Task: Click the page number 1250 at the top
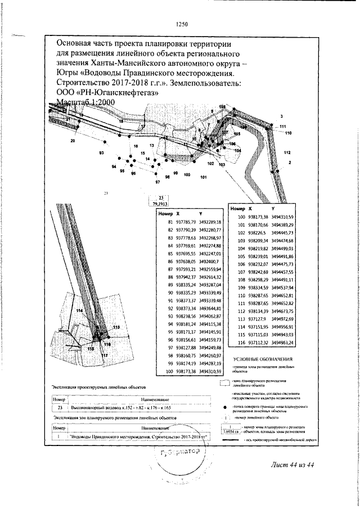coord(181,24)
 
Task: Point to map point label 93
coord(101,153)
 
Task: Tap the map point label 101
coord(203,177)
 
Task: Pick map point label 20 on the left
coord(73,141)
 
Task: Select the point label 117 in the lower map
coord(104,355)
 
